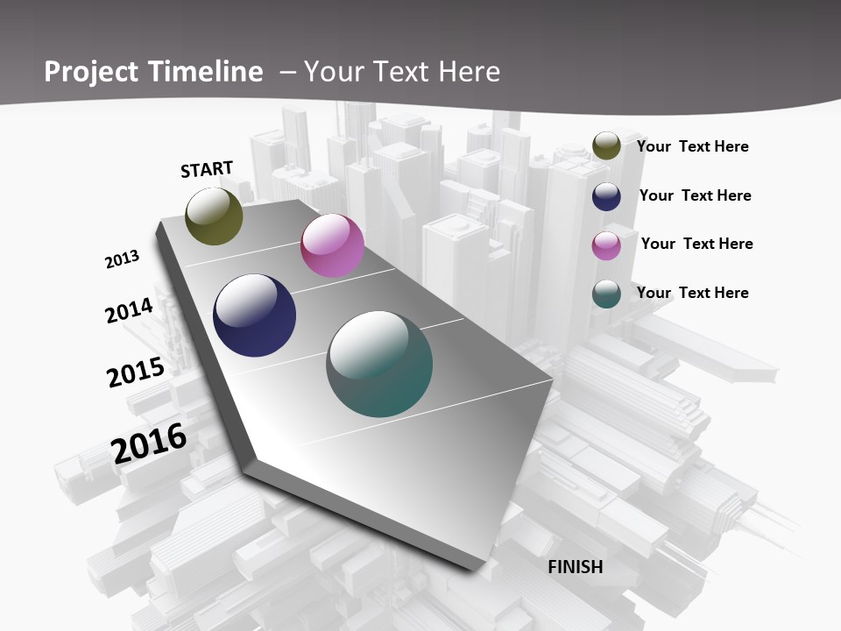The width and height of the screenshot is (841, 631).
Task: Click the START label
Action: click(207, 169)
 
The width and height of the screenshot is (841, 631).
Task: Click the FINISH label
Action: click(576, 567)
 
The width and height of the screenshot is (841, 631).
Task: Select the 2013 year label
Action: click(123, 259)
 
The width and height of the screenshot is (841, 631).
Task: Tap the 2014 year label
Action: click(129, 310)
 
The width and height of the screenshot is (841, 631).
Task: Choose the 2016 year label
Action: click(149, 443)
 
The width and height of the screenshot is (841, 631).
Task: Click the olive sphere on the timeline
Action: click(214, 216)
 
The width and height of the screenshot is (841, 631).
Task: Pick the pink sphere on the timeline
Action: click(332, 245)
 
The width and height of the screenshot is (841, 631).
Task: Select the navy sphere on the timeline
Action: click(254, 315)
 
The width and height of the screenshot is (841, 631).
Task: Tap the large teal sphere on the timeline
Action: click(379, 364)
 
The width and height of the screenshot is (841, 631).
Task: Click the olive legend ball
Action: click(606, 145)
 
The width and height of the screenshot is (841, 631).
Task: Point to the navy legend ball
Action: click(606, 196)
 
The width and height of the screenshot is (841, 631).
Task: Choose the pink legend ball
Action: click(606, 245)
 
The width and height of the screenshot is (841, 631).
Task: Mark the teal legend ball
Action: click(606, 294)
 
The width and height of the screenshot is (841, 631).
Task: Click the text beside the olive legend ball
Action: click(692, 146)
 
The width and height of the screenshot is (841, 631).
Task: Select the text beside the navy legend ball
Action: click(695, 195)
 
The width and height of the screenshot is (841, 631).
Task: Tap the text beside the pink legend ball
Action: click(696, 244)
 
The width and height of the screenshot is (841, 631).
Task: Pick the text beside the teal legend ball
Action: click(692, 293)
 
